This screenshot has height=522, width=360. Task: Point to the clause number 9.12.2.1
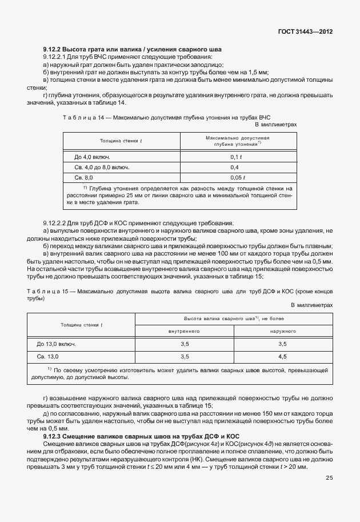(x=56, y=58)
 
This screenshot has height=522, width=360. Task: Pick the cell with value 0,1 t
(x=237, y=157)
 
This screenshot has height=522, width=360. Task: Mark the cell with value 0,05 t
(x=237, y=178)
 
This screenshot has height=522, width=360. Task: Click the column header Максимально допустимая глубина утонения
(x=237, y=142)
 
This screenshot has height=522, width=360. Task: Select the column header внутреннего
(x=184, y=331)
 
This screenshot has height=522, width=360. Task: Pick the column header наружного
(x=282, y=331)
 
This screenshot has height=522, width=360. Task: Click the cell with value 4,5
(x=282, y=356)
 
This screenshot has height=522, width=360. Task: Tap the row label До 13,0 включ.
(x=57, y=344)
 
